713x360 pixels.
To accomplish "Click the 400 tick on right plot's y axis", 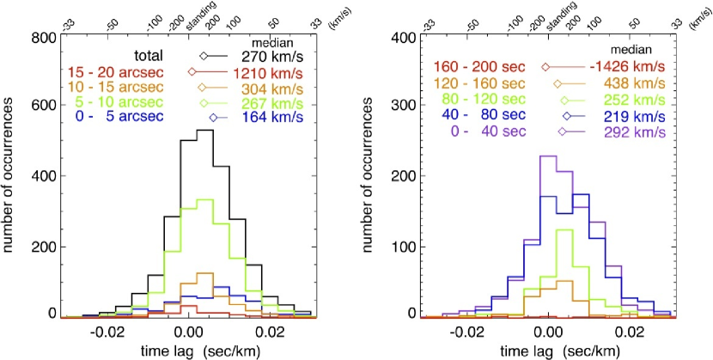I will pos(402,38).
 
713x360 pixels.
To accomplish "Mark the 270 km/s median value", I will pos(265,57).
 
